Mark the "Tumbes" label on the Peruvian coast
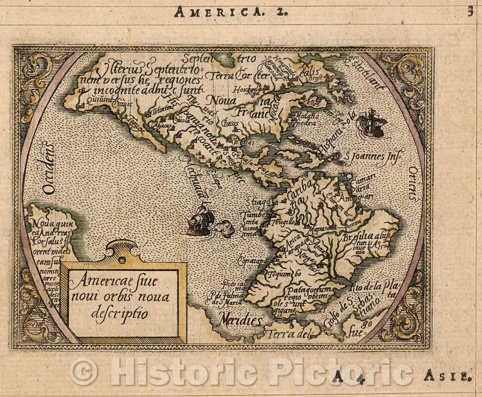tap(256, 215)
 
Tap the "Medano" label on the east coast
tap(306, 116)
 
